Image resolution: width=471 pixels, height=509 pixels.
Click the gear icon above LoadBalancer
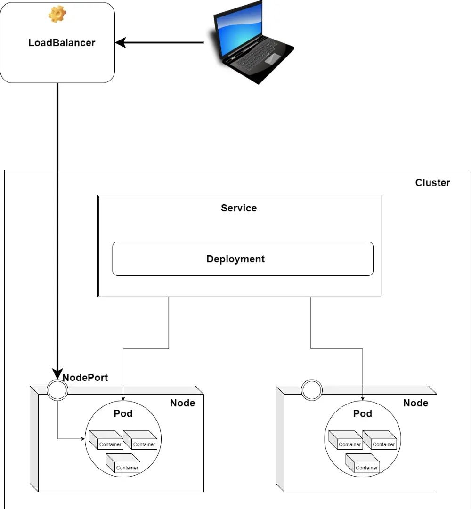pos(57,14)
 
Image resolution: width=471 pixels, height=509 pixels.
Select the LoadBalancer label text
pos(62,43)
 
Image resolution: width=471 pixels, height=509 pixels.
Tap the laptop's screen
pos(241,28)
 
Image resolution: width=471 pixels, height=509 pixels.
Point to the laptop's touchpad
pos(272,59)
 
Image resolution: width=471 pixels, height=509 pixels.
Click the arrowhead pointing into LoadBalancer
pos(121,43)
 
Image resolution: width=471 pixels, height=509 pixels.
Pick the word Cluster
pos(432,183)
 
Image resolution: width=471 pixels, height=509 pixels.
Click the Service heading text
pos(239,208)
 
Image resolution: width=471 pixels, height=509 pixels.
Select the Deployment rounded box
pos(243,259)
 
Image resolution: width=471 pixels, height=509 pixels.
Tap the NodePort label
pos(85,378)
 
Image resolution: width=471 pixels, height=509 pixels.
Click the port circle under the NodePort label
pos(57,390)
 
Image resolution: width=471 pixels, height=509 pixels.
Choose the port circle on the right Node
pos(311,390)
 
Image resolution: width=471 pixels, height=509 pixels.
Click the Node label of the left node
pos(182,403)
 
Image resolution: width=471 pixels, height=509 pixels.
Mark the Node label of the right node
pos(415,403)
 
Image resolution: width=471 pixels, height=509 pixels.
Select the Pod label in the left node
pos(123,414)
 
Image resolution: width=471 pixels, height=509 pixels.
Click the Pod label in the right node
pos(363,414)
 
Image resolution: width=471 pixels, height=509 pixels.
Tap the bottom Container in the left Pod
pos(123,464)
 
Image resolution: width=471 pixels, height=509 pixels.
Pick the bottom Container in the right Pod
pos(363,464)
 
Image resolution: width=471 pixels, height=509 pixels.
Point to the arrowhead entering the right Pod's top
pos(363,398)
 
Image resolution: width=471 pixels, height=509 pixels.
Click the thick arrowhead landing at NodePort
pos(57,374)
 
